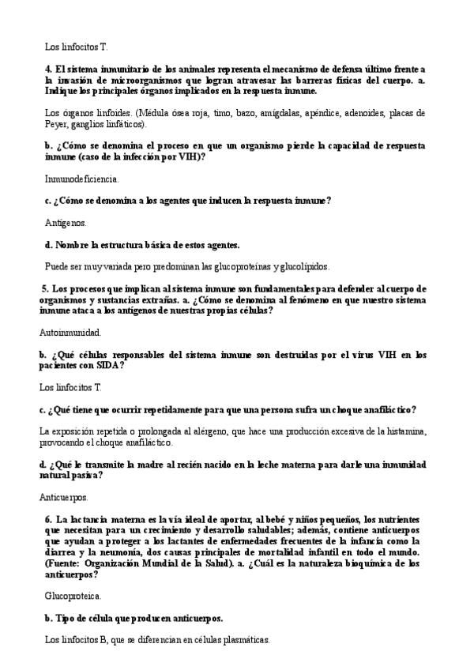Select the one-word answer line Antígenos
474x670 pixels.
[66, 223]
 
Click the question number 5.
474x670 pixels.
[43, 288]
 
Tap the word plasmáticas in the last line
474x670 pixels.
[243, 641]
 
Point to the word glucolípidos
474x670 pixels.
[303, 266]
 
